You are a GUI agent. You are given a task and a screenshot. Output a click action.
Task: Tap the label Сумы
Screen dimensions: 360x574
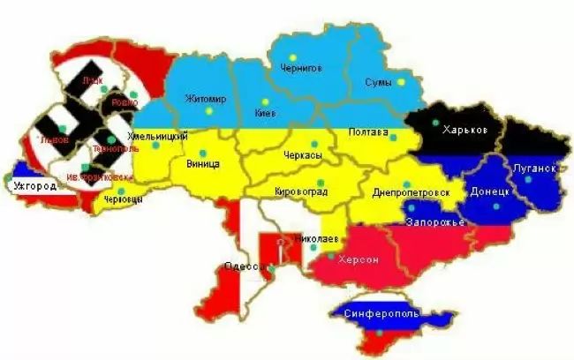pyautogui.click(x=378, y=81)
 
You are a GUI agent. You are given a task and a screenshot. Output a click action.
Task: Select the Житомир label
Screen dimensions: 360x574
pyautogui.click(x=205, y=98)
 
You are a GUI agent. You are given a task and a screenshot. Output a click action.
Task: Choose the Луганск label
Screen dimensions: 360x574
pyautogui.click(x=533, y=168)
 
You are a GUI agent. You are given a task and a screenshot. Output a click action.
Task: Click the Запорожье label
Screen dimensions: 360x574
pyautogui.click(x=434, y=221)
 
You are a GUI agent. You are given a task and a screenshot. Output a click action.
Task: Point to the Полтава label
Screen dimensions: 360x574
pyautogui.click(x=368, y=132)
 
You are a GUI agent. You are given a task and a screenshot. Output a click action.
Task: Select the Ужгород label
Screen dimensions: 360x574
pyautogui.click(x=35, y=186)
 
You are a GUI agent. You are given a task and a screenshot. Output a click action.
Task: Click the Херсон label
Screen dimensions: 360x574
pyautogui.click(x=359, y=259)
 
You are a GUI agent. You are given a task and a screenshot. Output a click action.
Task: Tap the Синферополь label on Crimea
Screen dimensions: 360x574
pyautogui.click(x=381, y=313)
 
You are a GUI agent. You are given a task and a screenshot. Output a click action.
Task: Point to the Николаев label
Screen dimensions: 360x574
pyautogui.click(x=315, y=238)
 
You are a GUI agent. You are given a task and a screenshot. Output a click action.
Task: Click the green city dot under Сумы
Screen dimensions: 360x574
pyautogui.click(x=400, y=82)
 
